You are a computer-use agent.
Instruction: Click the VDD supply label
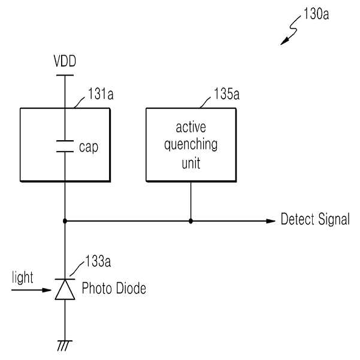point(65,61)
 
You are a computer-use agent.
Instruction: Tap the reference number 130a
point(316,14)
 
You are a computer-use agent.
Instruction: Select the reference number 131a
point(101,93)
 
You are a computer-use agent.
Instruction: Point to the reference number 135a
point(226,93)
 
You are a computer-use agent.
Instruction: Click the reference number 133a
point(98,261)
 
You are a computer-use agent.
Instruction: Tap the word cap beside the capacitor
point(89,147)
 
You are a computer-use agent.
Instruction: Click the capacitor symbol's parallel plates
point(65,146)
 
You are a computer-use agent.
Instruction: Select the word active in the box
point(191,127)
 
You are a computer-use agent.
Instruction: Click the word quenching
point(191,145)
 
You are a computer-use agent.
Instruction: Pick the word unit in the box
point(191,163)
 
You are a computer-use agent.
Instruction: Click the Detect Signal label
point(315,219)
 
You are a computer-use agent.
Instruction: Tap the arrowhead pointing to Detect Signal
point(271,221)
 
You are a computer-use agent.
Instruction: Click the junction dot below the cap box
point(65,221)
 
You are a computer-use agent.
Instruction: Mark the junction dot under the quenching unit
point(191,221)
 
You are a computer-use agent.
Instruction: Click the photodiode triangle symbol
point(65,289)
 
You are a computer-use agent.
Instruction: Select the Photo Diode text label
point(114,288)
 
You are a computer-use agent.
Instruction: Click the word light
point(23,277)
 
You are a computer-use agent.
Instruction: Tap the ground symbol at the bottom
point(65,346)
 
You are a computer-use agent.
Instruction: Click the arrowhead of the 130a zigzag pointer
point(285,41)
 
